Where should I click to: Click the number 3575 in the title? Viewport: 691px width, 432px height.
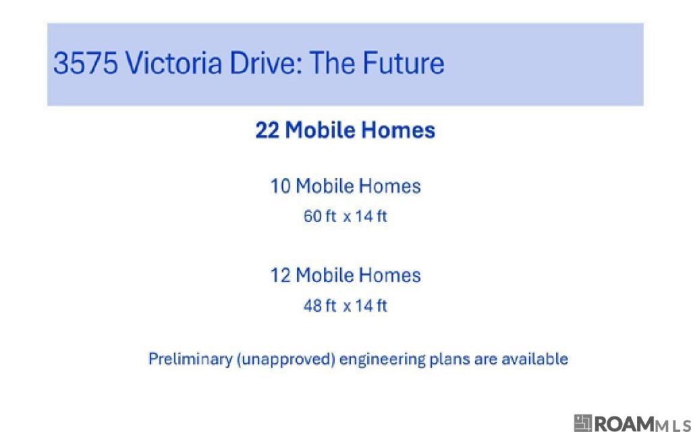[86, 63]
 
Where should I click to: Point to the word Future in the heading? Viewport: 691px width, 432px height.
[404, 63]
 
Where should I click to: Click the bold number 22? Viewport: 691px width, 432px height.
[267, 130]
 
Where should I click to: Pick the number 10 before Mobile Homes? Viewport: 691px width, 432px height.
[280, 186]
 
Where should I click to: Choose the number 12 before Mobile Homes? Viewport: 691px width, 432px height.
[280, 275]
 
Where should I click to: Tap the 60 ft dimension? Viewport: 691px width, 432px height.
[319, 217]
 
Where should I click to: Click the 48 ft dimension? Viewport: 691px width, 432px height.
[319, 306]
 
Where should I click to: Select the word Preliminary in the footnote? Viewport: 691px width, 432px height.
[190, 359]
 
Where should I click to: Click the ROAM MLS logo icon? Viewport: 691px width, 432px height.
[584, 423]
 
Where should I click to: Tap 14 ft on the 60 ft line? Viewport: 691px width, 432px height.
[370, 217]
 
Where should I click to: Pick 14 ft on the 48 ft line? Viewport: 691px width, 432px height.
[370, 306]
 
